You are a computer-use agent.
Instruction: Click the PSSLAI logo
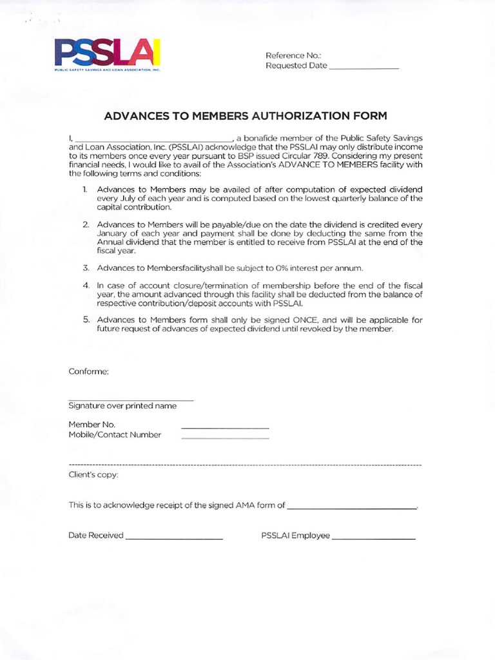107,55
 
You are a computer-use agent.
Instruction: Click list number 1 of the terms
84,189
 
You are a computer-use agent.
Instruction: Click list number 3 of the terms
84,267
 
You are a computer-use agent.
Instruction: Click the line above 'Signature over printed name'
131,400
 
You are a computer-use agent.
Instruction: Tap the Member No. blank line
225,428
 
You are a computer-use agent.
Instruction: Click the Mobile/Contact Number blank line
225,438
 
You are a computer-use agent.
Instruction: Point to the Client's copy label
93,475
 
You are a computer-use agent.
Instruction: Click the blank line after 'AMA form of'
352,509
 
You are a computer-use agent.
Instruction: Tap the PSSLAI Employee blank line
374,538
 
